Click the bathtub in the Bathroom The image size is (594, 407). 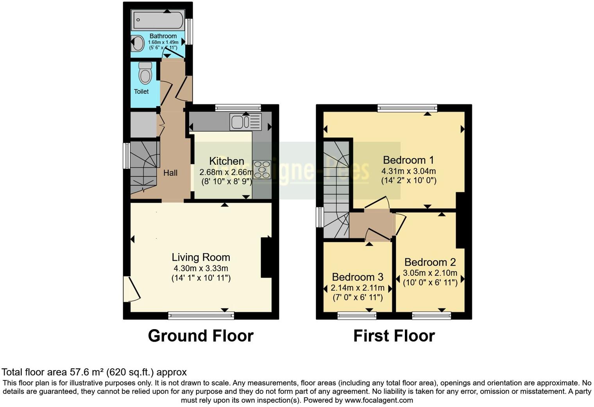coord(158,20)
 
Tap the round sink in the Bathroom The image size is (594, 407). coord(138,43)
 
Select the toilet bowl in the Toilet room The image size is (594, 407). coord(145,74)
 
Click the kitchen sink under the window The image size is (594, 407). coord(245,122)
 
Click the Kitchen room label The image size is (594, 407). coord(227,161)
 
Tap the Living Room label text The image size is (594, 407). coord(201,257)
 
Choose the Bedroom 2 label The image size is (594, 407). coord(430,262)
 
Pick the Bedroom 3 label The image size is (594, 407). coord(358,277)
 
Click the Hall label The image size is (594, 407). coord(170,173)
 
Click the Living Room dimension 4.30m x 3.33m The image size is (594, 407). coord(201,268)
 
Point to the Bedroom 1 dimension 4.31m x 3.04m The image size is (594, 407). coord(408,171)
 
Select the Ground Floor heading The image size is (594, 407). coord(200,336)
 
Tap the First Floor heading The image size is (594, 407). coord(394,336)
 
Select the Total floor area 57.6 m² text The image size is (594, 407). coord(94,372)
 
